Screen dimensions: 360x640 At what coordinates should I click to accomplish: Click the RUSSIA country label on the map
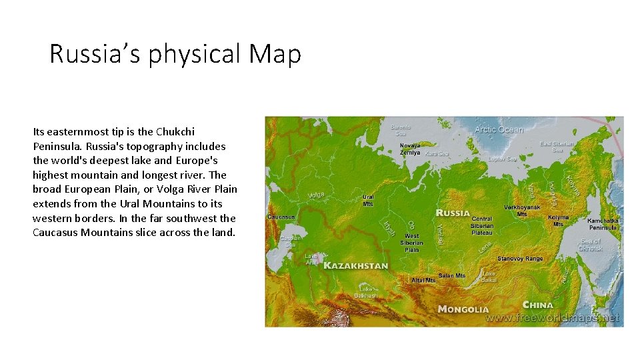coord(453,213)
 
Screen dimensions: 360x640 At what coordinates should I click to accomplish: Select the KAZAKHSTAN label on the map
coord(355,265)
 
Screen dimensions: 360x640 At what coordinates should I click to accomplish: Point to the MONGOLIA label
coord(463,309)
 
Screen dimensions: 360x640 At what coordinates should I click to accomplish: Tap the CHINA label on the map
coord(538,305)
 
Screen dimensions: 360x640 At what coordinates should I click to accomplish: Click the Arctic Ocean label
coord(499,129)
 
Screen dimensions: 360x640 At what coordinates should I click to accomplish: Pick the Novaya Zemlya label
coord(410,149)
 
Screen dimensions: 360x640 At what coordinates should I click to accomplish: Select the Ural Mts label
coord(368,200)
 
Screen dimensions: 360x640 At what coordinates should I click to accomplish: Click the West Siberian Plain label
coord(412,243)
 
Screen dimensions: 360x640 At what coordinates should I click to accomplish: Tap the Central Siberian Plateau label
coord(481,225)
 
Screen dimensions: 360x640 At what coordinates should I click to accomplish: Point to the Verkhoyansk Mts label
coord(522,211)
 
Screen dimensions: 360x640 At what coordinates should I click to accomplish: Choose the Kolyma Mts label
coord(558,221)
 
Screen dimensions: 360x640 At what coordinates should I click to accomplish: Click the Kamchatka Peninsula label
coord(603,224)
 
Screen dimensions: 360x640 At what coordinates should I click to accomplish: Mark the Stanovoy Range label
coord(520,259)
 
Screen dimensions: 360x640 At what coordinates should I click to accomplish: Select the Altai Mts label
coord(423,281)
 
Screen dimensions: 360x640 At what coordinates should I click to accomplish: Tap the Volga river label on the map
coord(316,195)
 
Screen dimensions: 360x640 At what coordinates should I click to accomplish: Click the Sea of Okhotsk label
coord(591,245)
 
